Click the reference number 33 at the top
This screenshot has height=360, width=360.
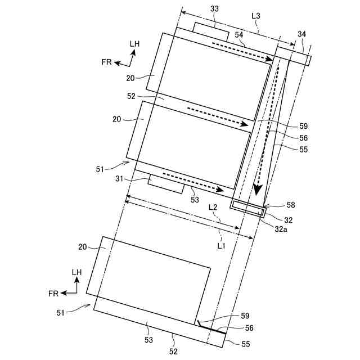pos(214,10)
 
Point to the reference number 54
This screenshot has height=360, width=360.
pos(240,35)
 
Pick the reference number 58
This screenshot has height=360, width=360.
pos(274,205)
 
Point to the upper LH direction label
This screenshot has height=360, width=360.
pos(135,43)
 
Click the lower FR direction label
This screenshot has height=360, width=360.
pos(53,293)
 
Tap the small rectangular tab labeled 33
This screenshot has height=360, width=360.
pos(211,30)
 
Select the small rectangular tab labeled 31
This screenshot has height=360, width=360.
pos(166,184)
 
